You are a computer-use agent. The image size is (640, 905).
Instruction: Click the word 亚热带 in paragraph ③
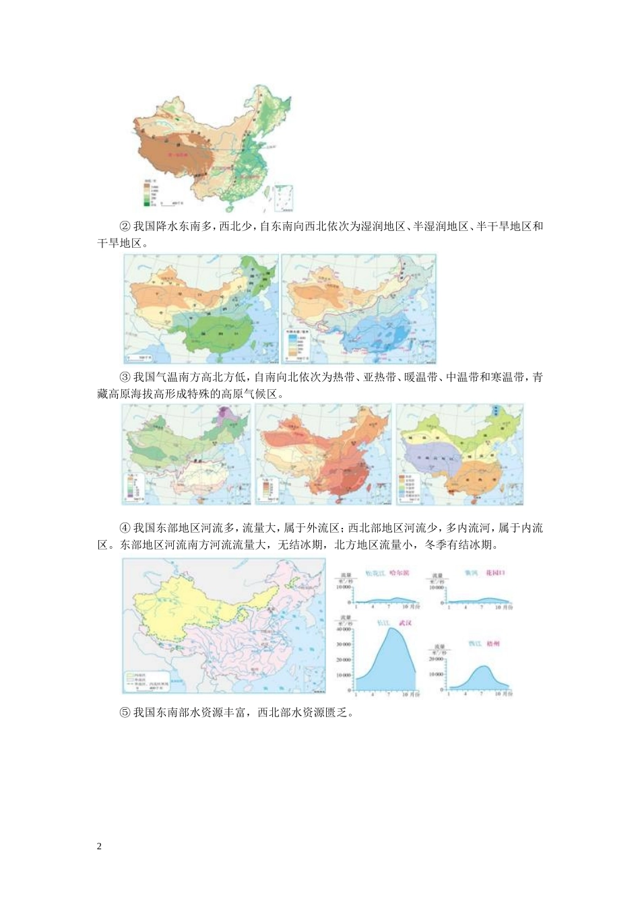tap(379, 377)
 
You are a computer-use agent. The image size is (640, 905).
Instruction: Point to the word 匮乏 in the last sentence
tap(337, 712)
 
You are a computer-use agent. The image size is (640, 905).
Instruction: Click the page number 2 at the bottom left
tap(100, 846)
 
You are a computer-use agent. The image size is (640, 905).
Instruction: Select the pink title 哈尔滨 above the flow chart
tap(399, 573)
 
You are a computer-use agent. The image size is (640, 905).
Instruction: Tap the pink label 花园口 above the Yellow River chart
tap(494, 573)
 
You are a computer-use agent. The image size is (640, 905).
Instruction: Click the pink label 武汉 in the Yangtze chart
tap(405, 623)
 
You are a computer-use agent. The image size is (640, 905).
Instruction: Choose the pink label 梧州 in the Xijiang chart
tap(494, 644)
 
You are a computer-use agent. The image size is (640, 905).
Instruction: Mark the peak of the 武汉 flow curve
tap(388, 629)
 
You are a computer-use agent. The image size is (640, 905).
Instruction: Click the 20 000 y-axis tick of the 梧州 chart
tap(436, 659)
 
